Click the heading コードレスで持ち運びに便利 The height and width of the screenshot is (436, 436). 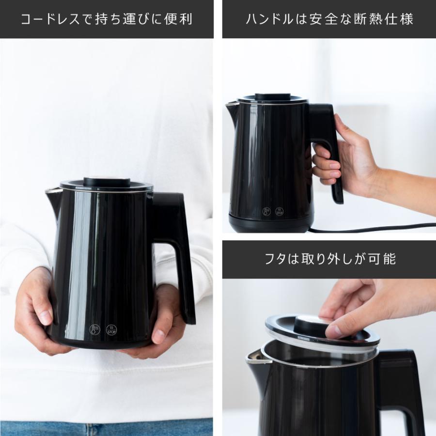pos(107,19)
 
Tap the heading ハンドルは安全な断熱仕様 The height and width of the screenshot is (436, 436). pos(329,19)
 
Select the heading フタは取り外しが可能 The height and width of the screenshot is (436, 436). pos(329,259)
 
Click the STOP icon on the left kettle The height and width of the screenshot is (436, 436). pos(111,330)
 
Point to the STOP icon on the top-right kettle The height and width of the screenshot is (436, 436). pos(280,211)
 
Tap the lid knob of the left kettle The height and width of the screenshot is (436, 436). pos(107,182)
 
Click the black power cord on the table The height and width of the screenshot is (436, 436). pos(378,228)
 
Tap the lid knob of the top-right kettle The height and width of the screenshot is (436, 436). pos(272,96)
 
